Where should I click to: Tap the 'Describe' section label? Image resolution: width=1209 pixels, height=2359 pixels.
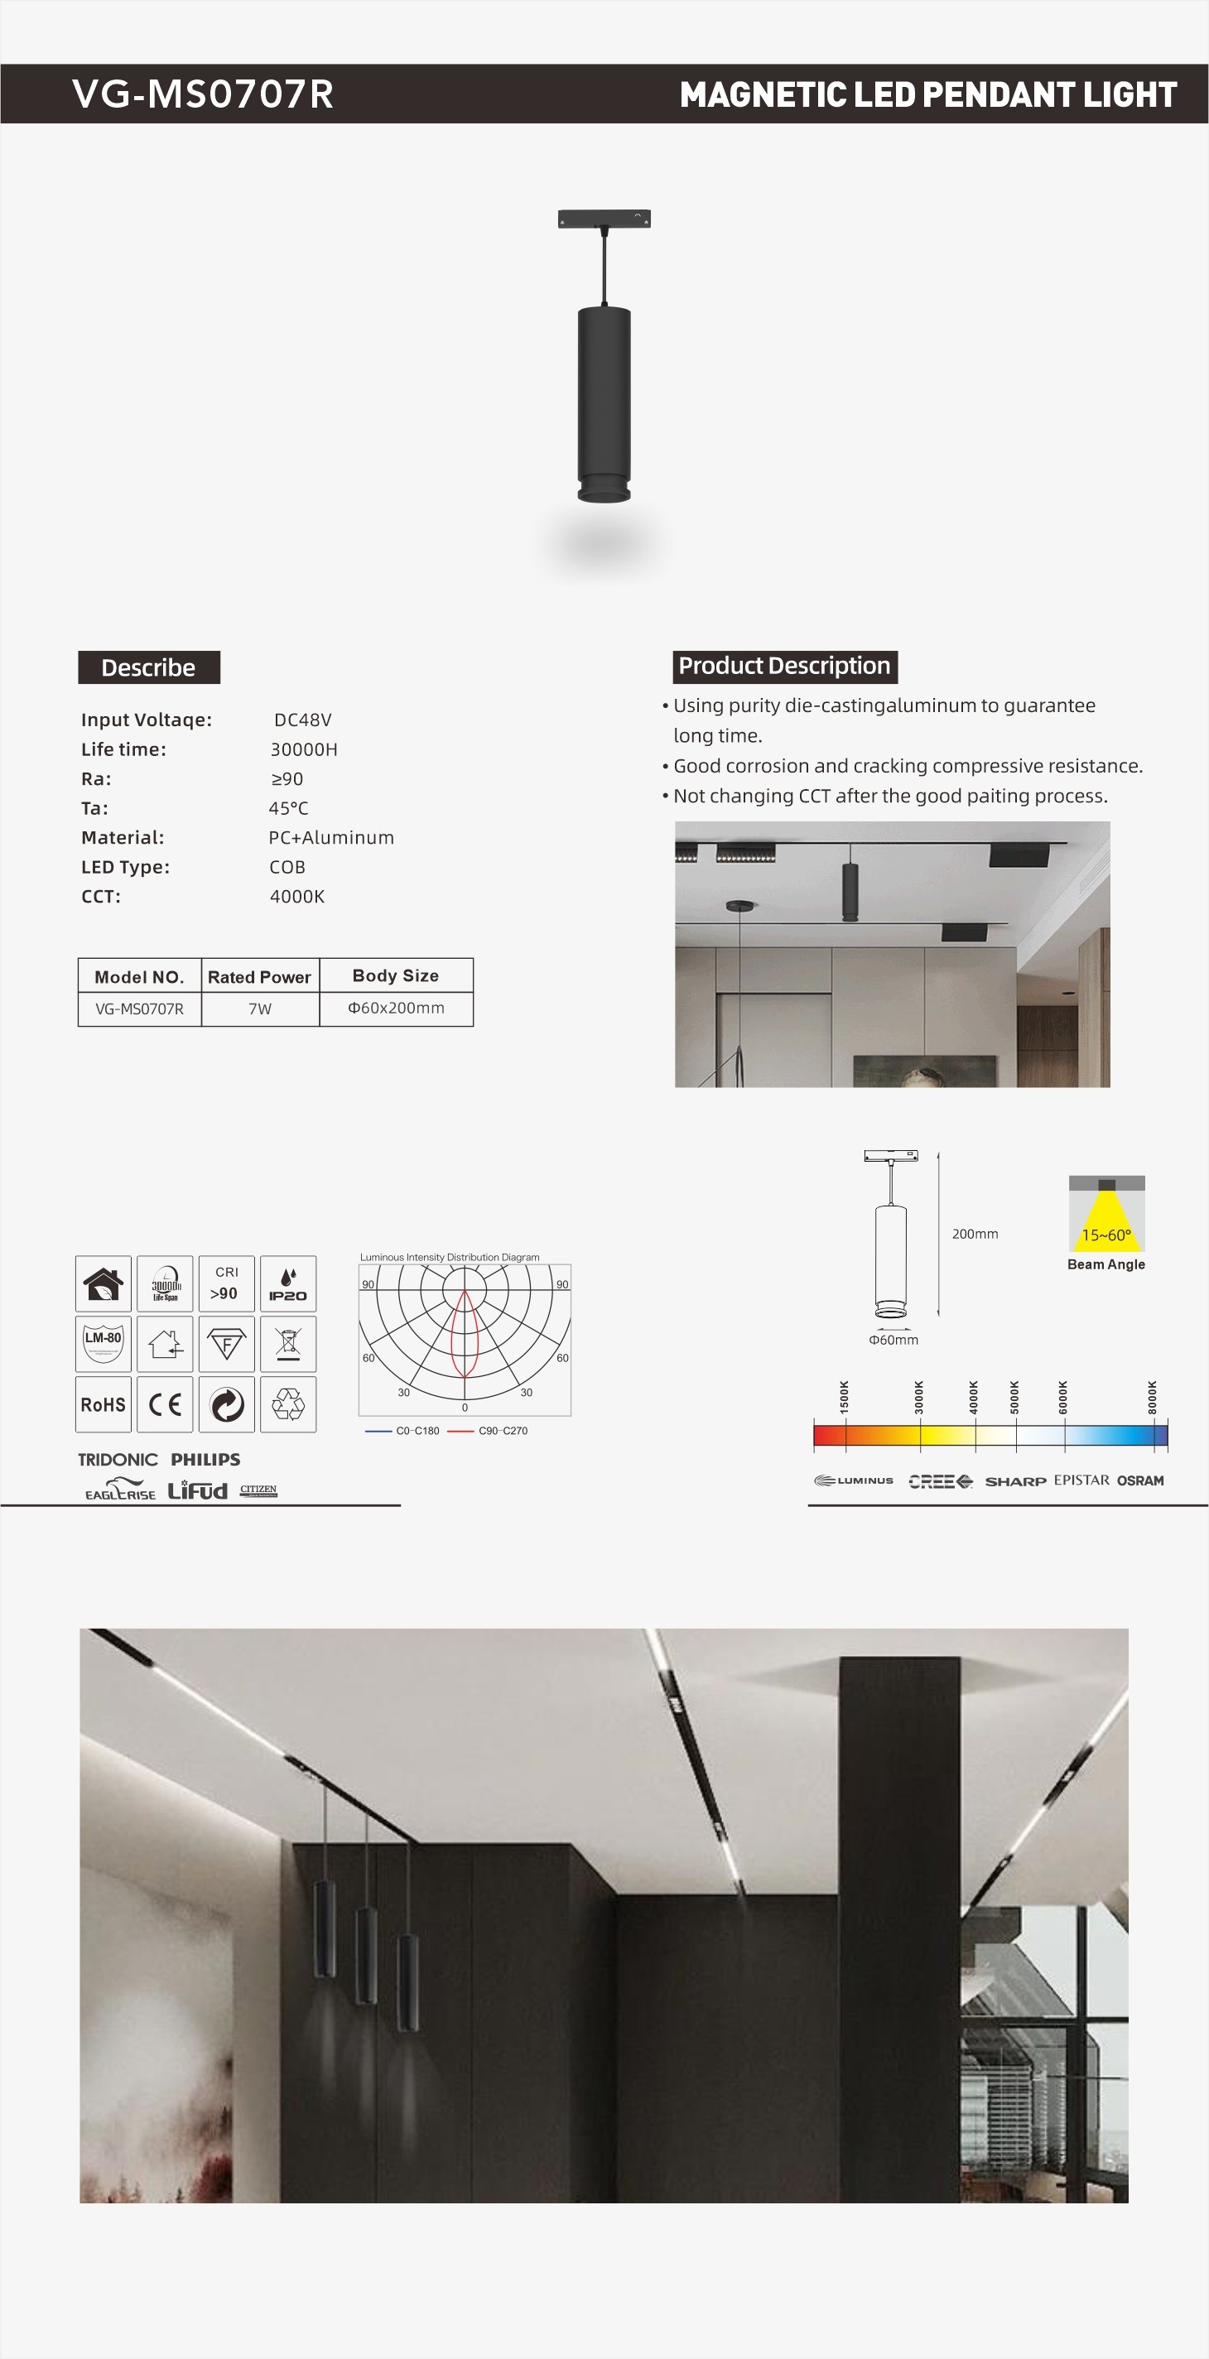[148, 667]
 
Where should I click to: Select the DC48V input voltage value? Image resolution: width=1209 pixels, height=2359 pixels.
[302, 720]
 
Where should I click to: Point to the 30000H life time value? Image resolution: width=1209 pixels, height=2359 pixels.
[303, 749]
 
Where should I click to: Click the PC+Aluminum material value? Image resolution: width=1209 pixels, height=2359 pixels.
[330, 837]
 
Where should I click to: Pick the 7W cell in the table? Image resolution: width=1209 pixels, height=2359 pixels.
[260, 1009]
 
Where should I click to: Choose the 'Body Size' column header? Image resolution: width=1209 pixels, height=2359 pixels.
[396, 975]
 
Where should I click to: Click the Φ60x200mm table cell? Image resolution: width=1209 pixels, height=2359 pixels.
[396, 1009]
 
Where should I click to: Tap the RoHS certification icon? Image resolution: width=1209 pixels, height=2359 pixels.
[104, 1403]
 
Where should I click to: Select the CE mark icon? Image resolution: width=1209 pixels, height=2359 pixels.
[165, 1403]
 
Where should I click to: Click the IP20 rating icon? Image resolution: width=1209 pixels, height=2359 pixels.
[287, 1283]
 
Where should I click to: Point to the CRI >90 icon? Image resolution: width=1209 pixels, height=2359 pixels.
[226, 1283]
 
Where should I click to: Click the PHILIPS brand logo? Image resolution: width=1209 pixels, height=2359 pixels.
[205, 1460]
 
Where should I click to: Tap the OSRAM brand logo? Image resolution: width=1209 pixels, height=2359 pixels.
[1140, 1480]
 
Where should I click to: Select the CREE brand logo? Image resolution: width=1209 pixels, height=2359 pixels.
[940, 1480]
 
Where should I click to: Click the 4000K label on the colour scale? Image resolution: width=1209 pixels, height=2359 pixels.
[974, 1398]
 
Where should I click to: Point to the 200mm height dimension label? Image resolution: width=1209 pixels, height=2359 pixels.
[975, 1235]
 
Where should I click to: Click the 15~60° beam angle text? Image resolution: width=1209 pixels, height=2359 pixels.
[1105, 1235]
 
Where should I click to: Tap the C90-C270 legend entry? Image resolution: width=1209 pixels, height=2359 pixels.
[502, 1431]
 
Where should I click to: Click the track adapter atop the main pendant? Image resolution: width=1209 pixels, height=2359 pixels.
[604, 219]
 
